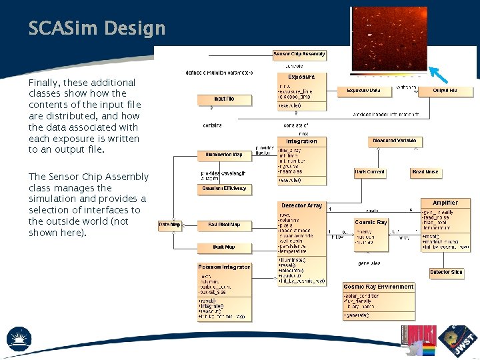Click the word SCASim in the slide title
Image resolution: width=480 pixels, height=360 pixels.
coord(61,28)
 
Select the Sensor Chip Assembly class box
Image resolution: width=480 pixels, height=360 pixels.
coord(299,54)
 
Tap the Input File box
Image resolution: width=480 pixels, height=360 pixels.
coord(224,99)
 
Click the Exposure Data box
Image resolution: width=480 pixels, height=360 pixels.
coord(363,90)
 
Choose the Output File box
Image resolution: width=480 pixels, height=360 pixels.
coord(445,90)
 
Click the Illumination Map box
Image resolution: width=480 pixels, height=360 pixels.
coord(225,155)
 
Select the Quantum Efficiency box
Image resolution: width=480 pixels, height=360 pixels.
coord(225,189)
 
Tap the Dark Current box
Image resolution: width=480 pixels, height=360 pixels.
coord(370,172)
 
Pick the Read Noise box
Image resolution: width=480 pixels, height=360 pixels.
coord(425,172)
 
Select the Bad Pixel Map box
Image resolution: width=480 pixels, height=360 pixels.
coord(225,225)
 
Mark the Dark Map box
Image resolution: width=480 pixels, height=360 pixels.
coord(225,247)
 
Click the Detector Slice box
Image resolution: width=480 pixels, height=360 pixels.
coord(445,273)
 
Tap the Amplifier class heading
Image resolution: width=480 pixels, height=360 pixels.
coord(445,203)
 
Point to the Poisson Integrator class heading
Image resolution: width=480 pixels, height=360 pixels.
coord(224,267)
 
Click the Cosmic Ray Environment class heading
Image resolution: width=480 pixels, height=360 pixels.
coord(379,287)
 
